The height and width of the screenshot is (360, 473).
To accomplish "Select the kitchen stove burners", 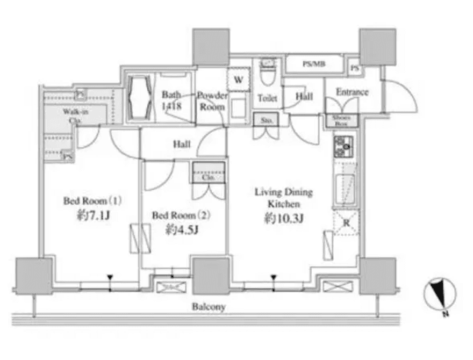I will [343, 146].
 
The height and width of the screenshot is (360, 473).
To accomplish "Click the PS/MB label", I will [313, 64].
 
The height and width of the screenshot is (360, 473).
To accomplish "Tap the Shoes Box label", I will [339, 120].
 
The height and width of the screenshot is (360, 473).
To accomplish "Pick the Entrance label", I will [352, 92].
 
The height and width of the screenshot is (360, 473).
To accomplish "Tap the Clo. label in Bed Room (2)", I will [208, 177].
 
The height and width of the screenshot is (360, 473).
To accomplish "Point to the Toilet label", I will [267, 98].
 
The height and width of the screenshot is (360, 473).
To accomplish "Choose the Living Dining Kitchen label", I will [283, 198].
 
